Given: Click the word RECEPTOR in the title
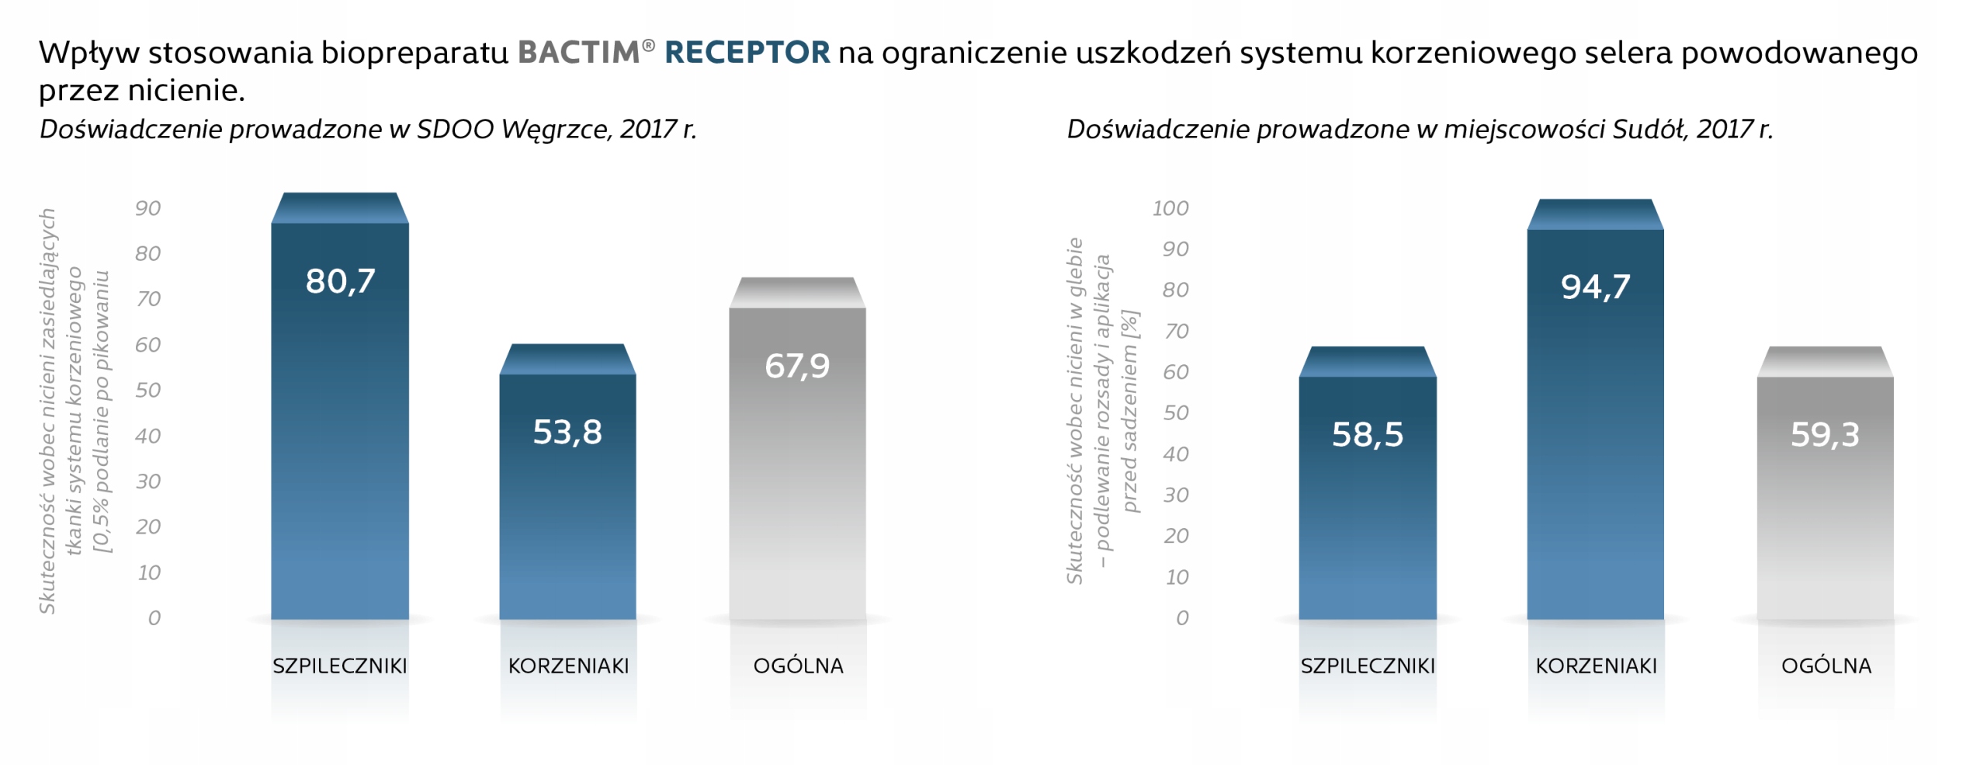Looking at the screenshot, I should coord(747,53).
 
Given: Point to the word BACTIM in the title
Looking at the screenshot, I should coord(579,53).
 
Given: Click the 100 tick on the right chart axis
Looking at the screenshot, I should coord(1170,208).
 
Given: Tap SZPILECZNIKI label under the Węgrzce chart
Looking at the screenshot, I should coord(339,666).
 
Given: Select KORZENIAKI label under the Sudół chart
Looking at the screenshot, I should coord(1596,666).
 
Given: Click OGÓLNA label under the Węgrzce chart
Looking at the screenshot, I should coord(798,666).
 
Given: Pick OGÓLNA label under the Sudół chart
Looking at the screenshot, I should coord(1826,666).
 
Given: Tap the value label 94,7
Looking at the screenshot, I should coord(1595,287).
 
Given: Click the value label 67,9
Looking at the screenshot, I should coord(797,366).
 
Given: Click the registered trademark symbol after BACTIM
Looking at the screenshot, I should coord(649,46).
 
